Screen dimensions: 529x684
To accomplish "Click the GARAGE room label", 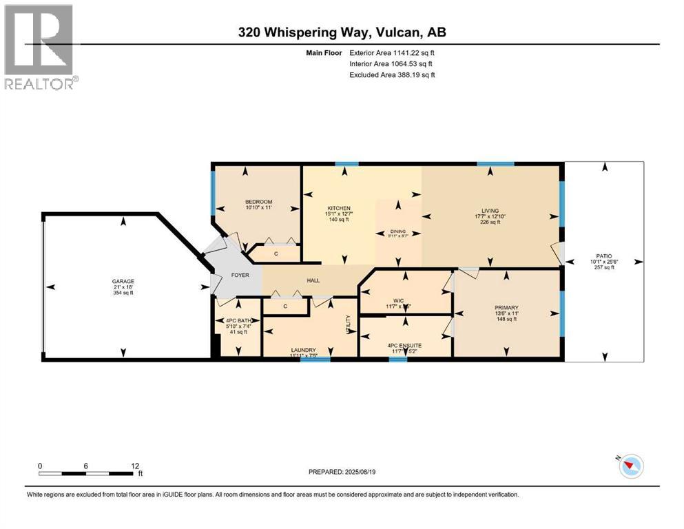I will tap(123, 281).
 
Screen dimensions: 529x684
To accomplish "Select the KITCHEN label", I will tap(339, 208).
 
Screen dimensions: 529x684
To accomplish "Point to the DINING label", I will tap(398, 232).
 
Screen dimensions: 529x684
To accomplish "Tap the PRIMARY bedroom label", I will tap(506, 308).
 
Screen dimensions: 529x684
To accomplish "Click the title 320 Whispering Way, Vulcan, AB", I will tap(343, 32).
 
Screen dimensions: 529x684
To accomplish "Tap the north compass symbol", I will tap(630, 466).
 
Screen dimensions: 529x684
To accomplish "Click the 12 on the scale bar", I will tap(135, 466).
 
